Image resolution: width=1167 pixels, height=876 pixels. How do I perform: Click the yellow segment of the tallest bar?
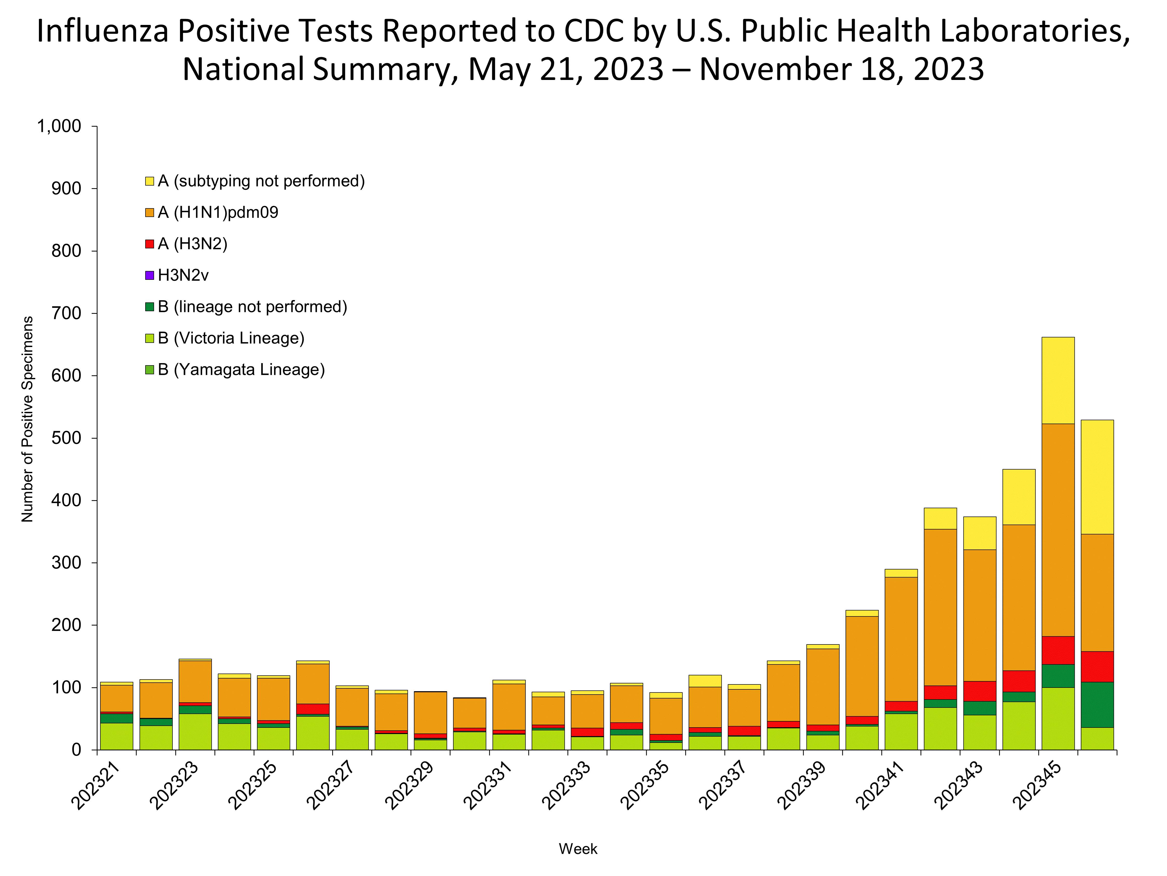[1058, 380]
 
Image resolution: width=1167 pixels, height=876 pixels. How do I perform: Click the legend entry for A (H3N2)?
[193, 244]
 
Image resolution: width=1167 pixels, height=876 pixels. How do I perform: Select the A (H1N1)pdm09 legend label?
[218, 212]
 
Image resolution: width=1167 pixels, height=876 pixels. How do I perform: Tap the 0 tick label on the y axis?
[77, 750]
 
